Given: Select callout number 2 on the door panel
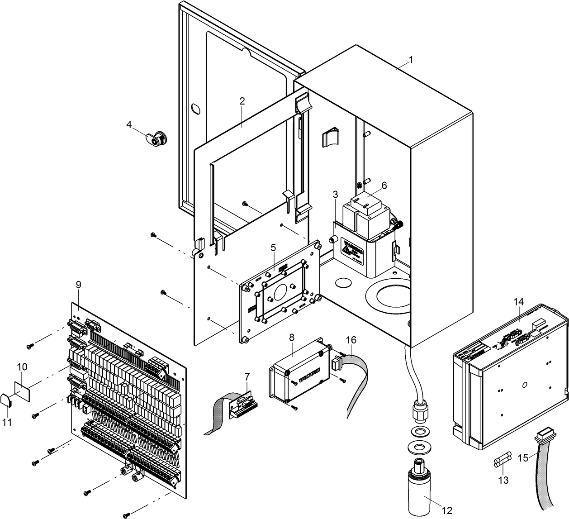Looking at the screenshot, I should (x=242, y=101).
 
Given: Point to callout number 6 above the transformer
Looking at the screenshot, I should (x=384, y=185).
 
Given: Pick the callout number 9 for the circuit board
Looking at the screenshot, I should (x=78, y=285).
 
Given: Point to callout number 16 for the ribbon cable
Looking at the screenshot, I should (x=351, y=339).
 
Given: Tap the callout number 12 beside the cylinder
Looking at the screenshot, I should (x=447, y=511).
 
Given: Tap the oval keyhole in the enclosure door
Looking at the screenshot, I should (x=195, y=109).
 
